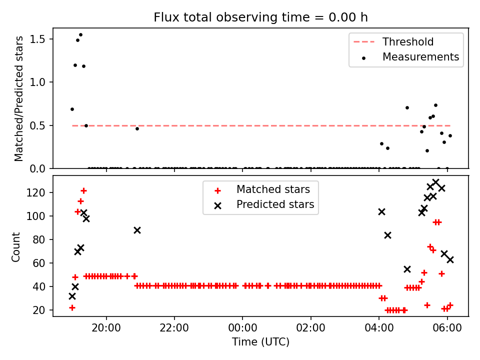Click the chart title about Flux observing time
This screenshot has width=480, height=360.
click(260, 17)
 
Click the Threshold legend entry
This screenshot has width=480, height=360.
click(393, 41)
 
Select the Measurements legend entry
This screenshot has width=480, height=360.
click(410, 57)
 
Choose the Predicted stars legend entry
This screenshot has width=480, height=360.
click(264, 204)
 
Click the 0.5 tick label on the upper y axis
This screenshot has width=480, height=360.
click(37, 126)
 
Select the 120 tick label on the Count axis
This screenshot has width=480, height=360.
click(36, 192)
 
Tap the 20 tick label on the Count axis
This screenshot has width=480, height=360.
click(39, 310)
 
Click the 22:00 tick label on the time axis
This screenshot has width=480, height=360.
click(174, 328)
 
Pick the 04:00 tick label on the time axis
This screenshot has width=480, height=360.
click(379, 328)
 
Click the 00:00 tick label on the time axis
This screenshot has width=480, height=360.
click(243, 328)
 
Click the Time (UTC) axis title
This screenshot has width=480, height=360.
click(260, 341)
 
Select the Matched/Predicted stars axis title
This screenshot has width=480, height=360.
click(18, 98)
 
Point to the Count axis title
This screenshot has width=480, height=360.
click(15, 246)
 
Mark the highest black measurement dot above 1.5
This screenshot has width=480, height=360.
click(81, 35)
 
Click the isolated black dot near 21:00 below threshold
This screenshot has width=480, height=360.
click(137, 129)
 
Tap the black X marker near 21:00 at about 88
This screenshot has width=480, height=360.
click(137, 230)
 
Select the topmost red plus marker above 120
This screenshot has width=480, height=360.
click(83, 191)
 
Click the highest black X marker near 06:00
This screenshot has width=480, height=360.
click(435, 182)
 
